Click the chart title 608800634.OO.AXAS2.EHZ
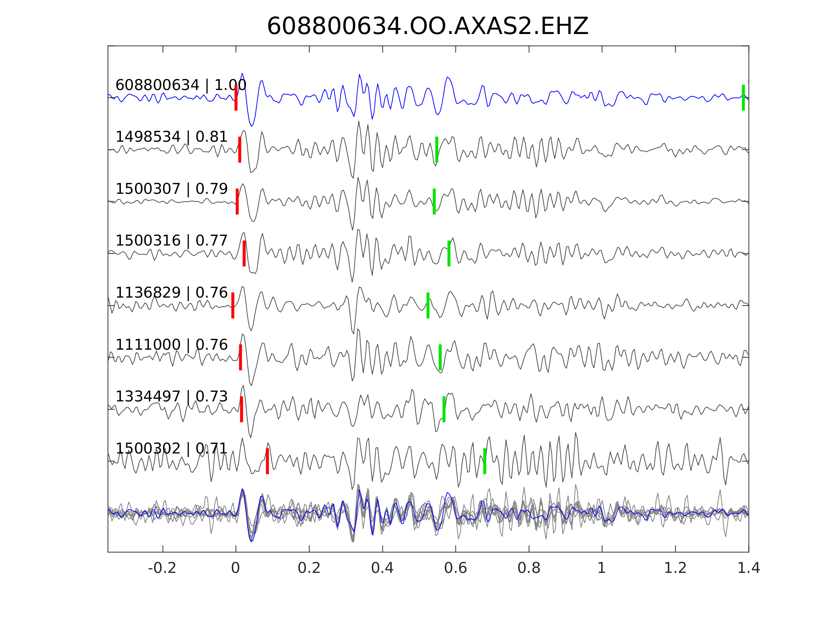coord(428,27)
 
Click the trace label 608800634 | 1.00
coord(181,85)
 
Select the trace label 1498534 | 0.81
coord(172,137)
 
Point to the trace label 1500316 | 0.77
coord(172,241)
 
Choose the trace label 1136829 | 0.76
coord(172,293)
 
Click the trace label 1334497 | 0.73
coord(172,396)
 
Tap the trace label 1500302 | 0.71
coord(172,448)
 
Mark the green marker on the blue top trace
coord(743,97)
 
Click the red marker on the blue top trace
coord(236,97)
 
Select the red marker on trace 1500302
coord(267,461)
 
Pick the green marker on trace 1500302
coord(485,461)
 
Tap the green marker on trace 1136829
coord(428,305)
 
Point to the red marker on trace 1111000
coord(240,357)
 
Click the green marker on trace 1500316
coord(449,253)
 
